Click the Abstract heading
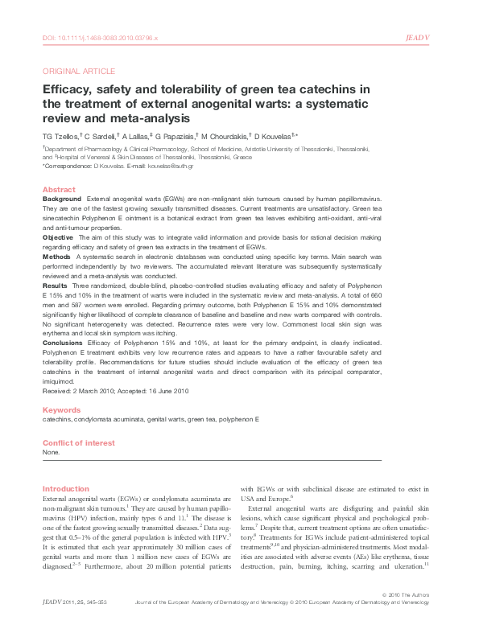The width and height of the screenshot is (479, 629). (57, 189)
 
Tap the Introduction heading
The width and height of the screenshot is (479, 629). (65, 488)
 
